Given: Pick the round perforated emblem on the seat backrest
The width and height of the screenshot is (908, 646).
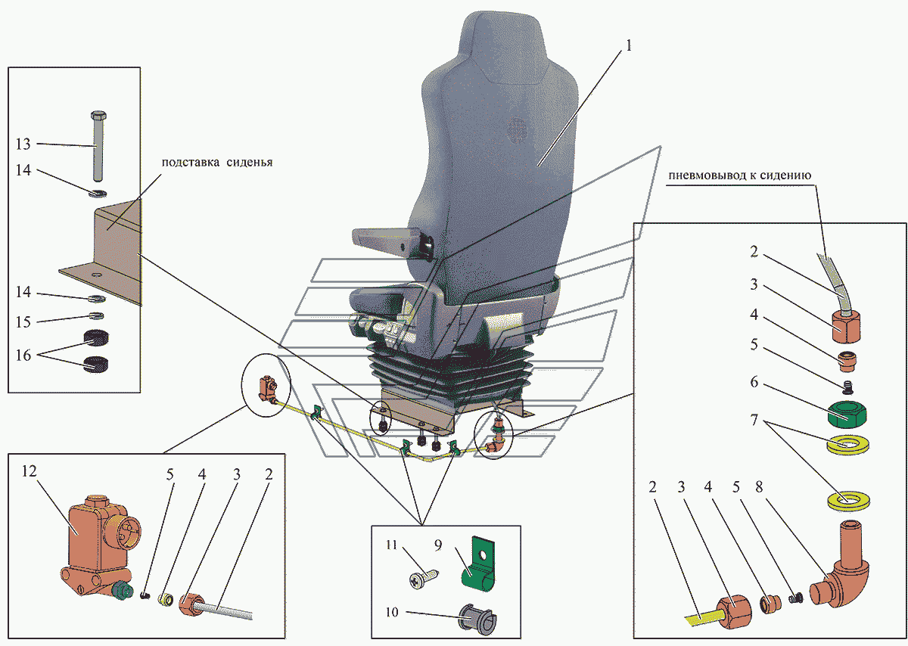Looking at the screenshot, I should [x=515, y=131].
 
